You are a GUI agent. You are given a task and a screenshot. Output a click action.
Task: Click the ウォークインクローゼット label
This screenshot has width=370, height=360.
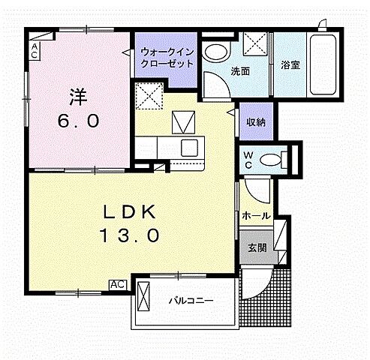pyautogui.click(x=167, y=58)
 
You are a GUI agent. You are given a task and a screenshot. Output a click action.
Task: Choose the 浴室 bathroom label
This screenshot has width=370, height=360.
pyautogui.click(x=290, y=64)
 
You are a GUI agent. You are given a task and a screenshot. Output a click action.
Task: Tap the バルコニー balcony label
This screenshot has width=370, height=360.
pyautogui.click(x=190, y=301)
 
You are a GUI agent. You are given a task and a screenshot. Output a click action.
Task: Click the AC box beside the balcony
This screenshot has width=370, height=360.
pyautogui.click(x=118, y=284)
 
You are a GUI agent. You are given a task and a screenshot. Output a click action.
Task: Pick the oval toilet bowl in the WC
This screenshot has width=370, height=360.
pyautogui.click(x=282, y=159)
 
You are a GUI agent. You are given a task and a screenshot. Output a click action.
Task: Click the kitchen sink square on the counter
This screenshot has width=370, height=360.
pyautogui.click(x=188, y=146)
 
